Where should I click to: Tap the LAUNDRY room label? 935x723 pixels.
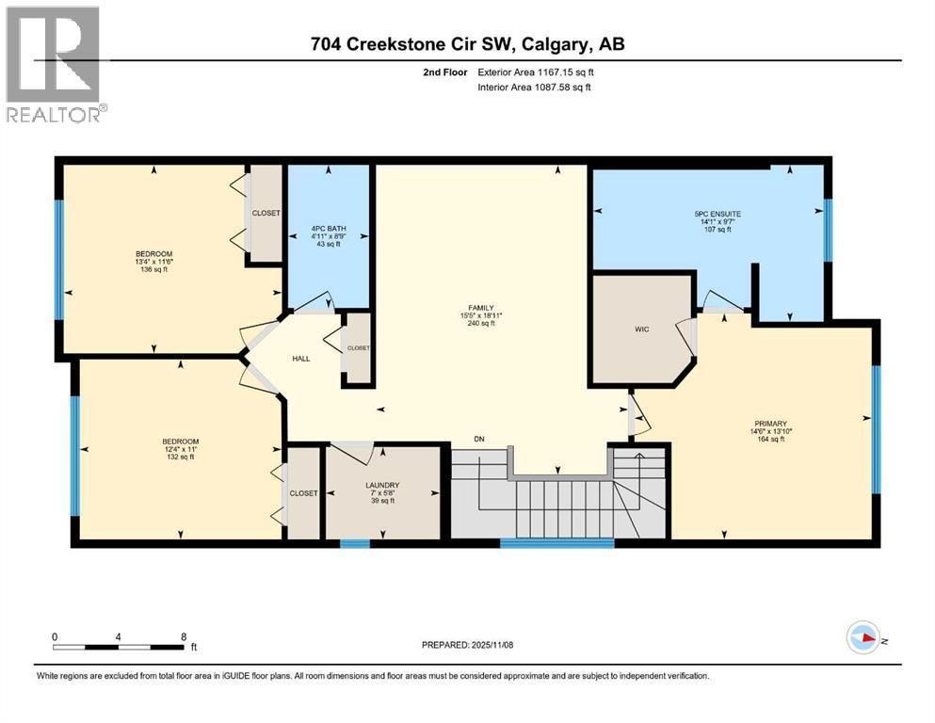pyautogui.click(x=382, y=485)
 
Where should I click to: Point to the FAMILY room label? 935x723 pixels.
pyautogui.click(x=482, y=307)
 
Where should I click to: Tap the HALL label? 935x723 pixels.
pyautogui.click(x=300, y=359)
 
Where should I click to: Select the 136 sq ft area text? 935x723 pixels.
pyautogui.click(x=153, y=269)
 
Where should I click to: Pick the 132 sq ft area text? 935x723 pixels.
pyautogui.click(x=180, y=457)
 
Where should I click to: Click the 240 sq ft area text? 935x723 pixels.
pyautogui.click(x=482, y=323)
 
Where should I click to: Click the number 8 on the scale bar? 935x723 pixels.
pyautogui.click(x=184, y=636)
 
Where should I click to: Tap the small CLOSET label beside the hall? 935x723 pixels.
pyautogui.click(x=359, y=347)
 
